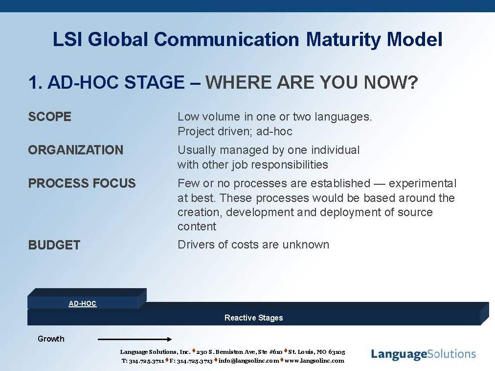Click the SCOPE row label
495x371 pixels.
point(49,117)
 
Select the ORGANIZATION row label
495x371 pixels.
point(76,150)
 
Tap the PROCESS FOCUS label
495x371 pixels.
point(82,183)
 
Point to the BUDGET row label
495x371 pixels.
point(54,245)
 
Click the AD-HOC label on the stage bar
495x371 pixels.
point(82,303)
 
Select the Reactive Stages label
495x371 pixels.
point(253,318)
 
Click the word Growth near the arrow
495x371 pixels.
point(51,339)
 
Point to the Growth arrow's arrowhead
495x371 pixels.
point(170,339)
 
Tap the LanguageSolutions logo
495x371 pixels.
point(423,354)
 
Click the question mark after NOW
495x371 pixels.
point(413,82)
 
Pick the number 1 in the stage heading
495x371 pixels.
point(33,82)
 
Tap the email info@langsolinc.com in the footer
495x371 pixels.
point(249,361)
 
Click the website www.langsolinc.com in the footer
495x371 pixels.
point(315,361)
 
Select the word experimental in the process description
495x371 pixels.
point(423,183)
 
